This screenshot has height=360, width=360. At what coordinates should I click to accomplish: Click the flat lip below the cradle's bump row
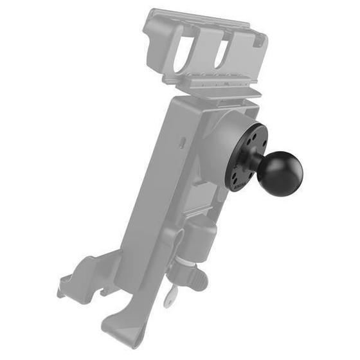pos(212,94)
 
